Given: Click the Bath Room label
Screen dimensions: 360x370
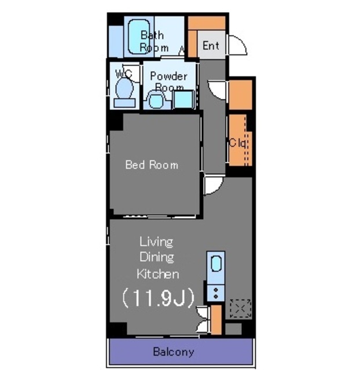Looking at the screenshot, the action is [155, 42].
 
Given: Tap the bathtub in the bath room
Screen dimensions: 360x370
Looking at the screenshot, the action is [139, 37].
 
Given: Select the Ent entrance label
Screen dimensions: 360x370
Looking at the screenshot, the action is [211, 46].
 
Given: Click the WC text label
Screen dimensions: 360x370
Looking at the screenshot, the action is [123, 74].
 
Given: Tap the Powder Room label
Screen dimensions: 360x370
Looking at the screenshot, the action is [169, 82].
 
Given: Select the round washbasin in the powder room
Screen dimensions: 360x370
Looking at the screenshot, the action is [156, 100].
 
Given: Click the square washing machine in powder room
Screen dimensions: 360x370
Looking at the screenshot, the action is [183, 99].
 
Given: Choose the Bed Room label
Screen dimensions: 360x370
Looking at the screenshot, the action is [152, 165].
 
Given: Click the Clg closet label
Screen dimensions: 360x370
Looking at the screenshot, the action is [238, 143].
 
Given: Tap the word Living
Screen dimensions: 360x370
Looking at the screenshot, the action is [156, 242].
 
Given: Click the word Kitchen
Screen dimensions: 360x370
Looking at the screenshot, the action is [158, 273].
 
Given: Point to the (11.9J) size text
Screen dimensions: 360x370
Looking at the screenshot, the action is [158, 297].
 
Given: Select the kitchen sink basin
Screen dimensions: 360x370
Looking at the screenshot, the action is [216, 264].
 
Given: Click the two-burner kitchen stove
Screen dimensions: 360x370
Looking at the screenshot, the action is [216, 293].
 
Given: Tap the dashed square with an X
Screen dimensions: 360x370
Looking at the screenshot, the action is [240, 308].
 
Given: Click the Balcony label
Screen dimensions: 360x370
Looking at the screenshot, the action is [174, 351].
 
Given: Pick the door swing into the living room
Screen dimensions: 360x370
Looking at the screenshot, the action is [214, 185].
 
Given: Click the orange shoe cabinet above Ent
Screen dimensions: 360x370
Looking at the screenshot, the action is [207, 23].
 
